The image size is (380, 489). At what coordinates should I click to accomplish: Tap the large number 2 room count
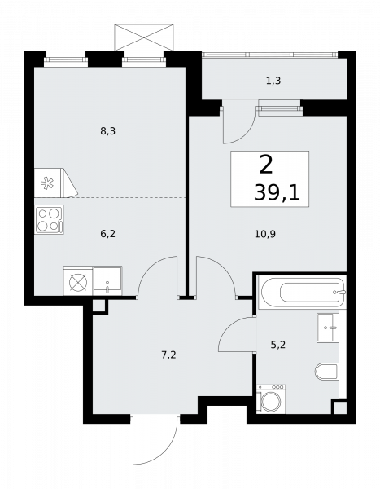266,165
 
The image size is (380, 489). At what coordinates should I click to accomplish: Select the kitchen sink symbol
107,281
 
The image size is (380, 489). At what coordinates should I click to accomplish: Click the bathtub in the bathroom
300,290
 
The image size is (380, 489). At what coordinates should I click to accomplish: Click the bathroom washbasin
329,328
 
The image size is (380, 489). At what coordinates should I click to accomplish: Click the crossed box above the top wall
142,37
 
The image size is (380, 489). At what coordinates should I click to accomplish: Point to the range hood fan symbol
50,184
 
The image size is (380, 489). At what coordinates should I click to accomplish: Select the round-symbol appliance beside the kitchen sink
77,281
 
